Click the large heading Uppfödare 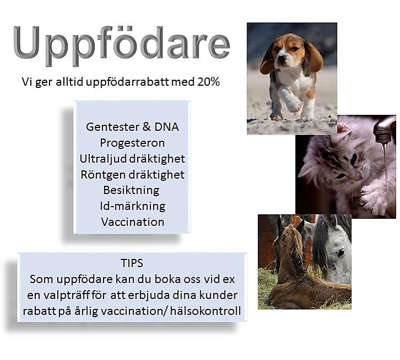point(122,45)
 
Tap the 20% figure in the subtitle point(209,82)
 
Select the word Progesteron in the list point(132,143)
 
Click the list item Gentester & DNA point(132,127)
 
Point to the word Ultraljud point(103,159)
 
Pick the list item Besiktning point(131,191)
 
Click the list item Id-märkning point(133,206)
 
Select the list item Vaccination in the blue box point(133,222)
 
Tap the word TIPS point(132,263)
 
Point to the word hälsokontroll point(206,311)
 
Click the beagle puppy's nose point(281,58)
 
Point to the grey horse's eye point(341,253)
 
